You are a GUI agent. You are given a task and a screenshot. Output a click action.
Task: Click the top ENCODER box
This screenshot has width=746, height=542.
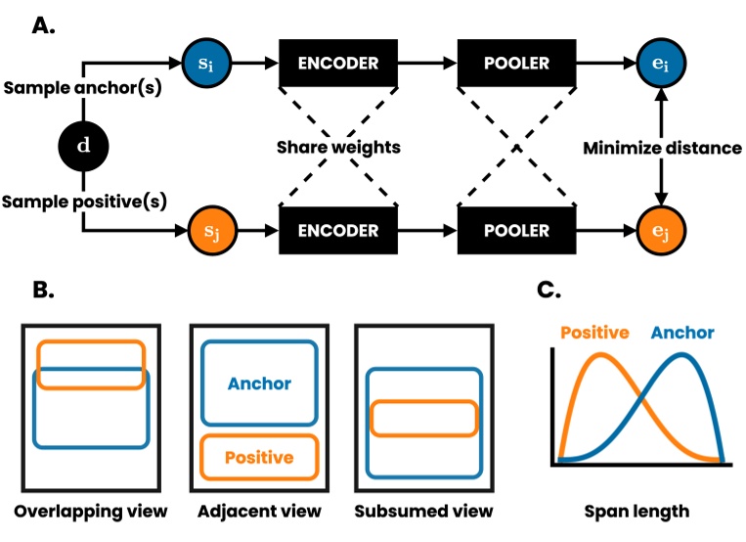[338, 63]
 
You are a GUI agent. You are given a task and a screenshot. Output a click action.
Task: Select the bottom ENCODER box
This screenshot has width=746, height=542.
[338, 232]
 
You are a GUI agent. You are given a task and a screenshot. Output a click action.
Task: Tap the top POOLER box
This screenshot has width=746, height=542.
[516, 63]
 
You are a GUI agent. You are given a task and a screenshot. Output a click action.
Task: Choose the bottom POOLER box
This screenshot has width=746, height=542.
[516, 232]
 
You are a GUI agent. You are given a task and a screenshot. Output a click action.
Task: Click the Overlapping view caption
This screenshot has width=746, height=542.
[91, 511]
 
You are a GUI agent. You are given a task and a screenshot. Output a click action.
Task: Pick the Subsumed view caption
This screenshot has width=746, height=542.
[423, 511]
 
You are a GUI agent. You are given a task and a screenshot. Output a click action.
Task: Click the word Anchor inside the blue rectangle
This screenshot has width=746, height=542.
[259, 384]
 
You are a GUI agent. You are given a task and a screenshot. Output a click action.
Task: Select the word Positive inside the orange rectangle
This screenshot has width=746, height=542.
[259, 457]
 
